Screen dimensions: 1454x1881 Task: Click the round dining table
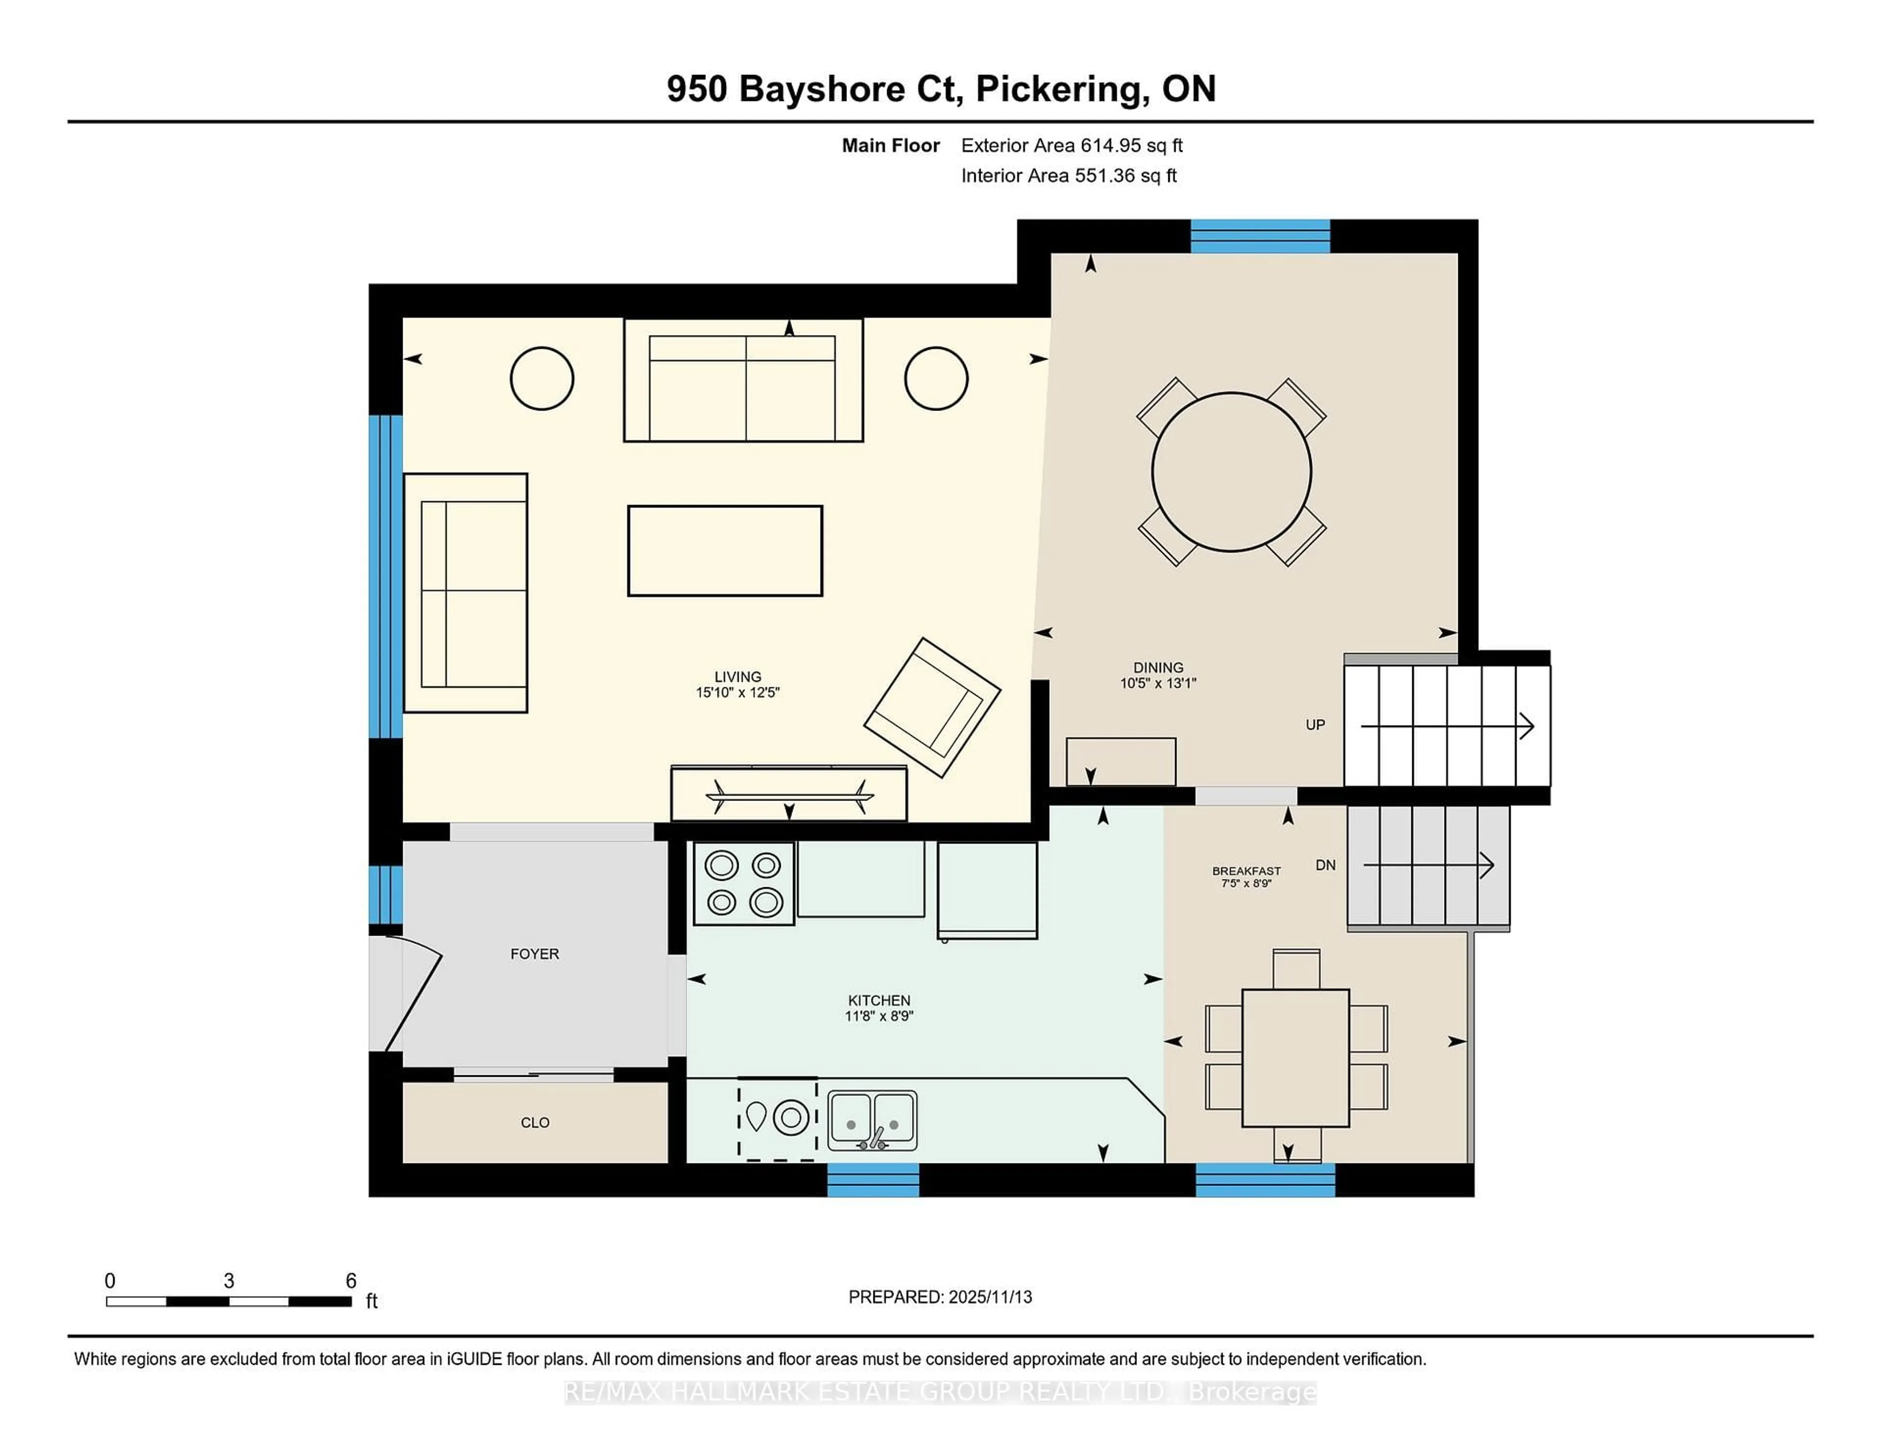1231,472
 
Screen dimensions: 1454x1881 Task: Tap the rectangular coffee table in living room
724,551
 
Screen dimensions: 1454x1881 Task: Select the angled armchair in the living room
932,707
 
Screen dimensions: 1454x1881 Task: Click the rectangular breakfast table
1295,1058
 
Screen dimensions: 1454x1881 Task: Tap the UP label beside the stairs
1314,725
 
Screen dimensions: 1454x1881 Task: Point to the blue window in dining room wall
1259,236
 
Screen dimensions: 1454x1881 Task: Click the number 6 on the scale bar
351,1281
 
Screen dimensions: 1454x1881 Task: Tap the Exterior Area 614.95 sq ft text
1071,145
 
